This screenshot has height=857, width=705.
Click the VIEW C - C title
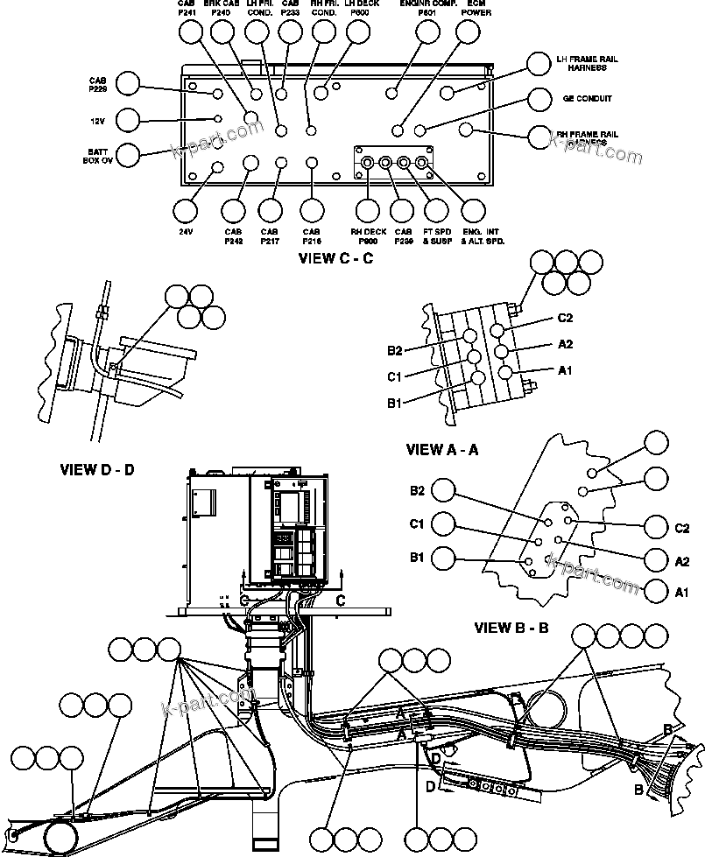pos(335,257)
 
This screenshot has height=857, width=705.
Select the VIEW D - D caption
pos(97,469)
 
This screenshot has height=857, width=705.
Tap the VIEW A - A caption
pos(443,449)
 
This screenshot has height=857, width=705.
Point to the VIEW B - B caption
pos(511,628)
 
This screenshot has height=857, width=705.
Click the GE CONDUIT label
pos(587,99)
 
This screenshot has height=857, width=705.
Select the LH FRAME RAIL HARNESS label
pos(587,63)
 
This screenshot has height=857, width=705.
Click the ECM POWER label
pos(476,10)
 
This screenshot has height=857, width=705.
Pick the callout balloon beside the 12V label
pos(128,119)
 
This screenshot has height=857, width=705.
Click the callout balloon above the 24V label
pos(186,211)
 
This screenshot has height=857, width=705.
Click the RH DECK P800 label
pos(369,235)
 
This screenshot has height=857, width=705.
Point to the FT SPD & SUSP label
pos(437,235)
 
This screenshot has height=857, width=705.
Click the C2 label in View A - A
pos(565,318)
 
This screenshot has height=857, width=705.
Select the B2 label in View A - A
pos(395,350)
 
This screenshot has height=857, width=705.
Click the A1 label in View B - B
pos(682,593)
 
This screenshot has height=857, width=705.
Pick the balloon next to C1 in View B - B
pos(445,523)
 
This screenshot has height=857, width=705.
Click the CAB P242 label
pos(233,235)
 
